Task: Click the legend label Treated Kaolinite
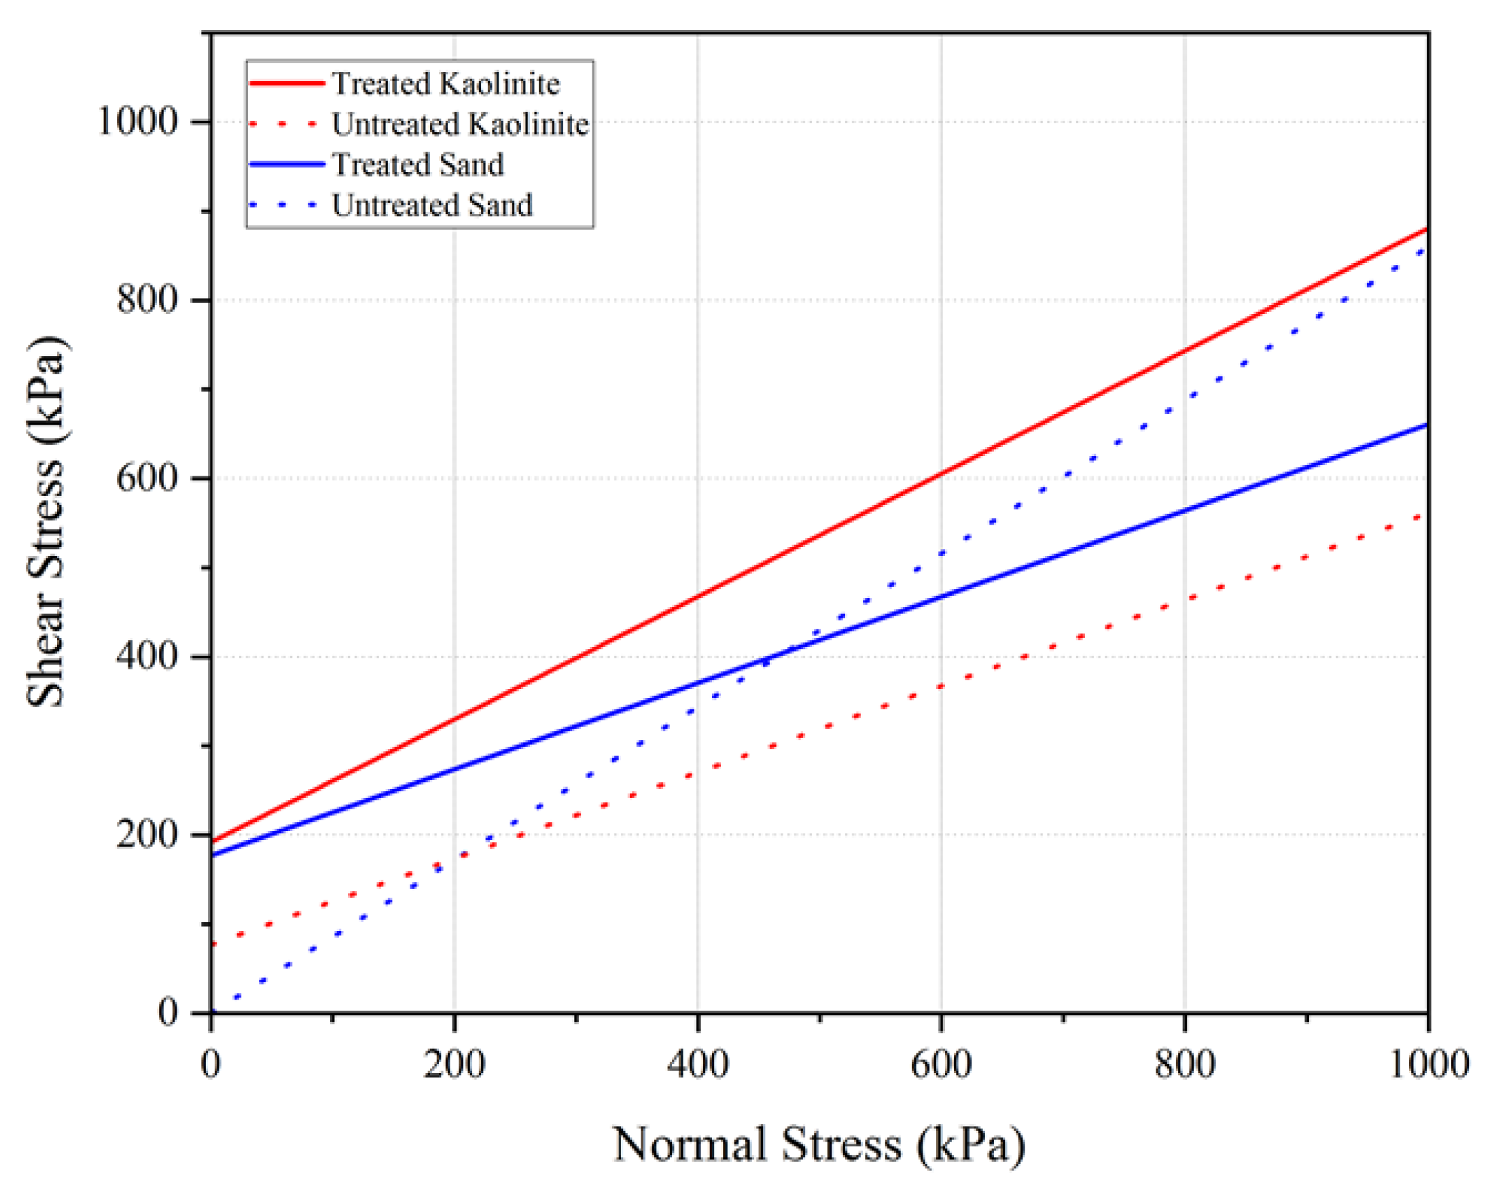(446, 84)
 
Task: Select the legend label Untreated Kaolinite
(460, 125)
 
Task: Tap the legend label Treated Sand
(418, 165)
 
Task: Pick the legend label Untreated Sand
(432, 205)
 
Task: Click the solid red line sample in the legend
(287, 83)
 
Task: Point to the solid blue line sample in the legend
(287, 165)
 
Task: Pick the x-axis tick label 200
(454, 1064)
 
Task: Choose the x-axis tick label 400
(698, 1064)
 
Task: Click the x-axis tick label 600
(941, 1064)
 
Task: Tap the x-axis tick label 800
(1185, 1064)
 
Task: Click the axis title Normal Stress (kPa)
(819, 1145)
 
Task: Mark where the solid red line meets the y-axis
(212, 841)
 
